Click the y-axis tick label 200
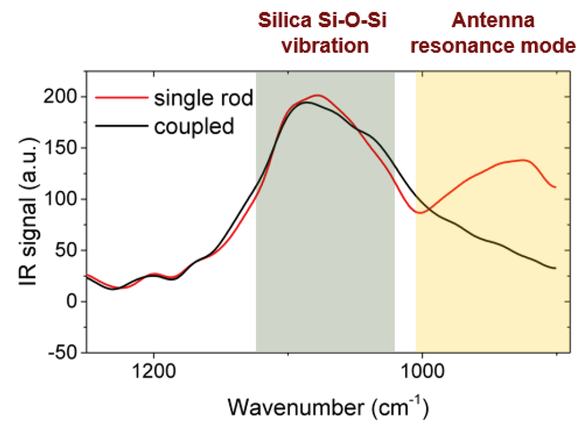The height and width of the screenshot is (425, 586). coord(60,97)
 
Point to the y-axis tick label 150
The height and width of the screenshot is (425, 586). coord(60,148)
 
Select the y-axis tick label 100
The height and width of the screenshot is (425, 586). coord(60,199)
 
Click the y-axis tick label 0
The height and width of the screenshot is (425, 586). coord(72,301)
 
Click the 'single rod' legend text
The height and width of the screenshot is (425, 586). coord(204,99)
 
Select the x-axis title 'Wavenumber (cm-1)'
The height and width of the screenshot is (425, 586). coord(328,407)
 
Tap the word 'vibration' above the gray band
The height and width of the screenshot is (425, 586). coord(326,46)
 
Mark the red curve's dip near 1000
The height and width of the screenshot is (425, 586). coord(420,212)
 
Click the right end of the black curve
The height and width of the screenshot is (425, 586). coord(556,268)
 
